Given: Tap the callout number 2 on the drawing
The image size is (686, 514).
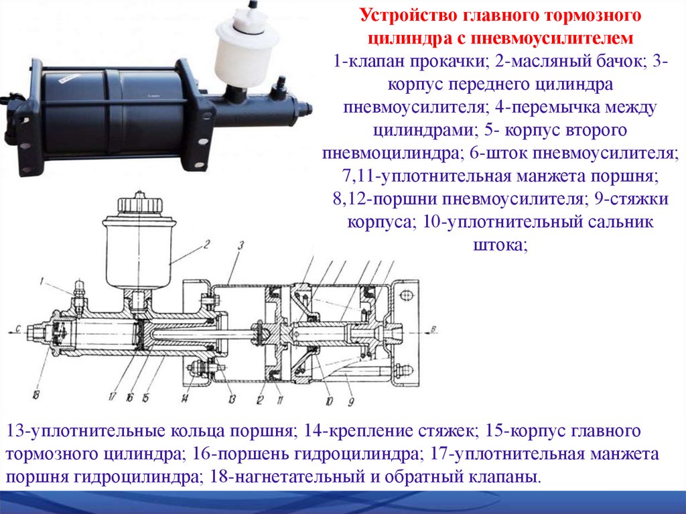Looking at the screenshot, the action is pyautogui.click(x=206, y=244).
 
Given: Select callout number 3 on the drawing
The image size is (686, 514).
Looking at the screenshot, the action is pyautogui.click(x=241, y=246).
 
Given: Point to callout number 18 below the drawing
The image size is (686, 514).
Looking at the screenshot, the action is pyautogui.click(x=36, y=395).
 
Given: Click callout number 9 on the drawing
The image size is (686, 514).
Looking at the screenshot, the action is pyautogui.click(x=351, y=401).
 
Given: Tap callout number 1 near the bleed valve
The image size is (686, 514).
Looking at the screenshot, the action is pyautogui.click(x=42, y=282).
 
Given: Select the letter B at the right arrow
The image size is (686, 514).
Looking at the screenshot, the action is pyautogui.click(x=433, y=329).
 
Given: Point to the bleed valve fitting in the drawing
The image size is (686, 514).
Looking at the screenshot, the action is pyautogui.click(x=79, y=295).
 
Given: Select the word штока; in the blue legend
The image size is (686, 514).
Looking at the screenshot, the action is pyautogui.click(x=500, y=245).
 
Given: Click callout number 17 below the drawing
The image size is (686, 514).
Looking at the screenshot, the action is pyautogui.click(x=113, y=397).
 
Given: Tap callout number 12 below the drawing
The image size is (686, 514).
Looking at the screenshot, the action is pyautogui.click(x=260, y=399).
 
